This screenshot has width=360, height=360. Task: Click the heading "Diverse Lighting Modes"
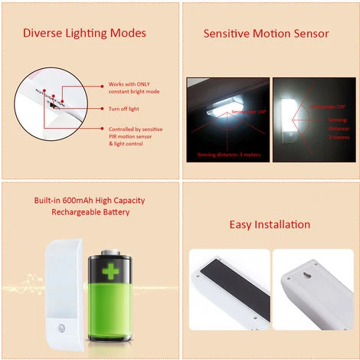(x=84, y=33)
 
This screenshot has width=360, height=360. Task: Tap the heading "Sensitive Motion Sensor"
(x=266, y=34)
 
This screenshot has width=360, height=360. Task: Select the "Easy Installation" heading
(x=270, y=224)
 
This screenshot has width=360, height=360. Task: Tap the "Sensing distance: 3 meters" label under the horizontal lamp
(x=229, y=155)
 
